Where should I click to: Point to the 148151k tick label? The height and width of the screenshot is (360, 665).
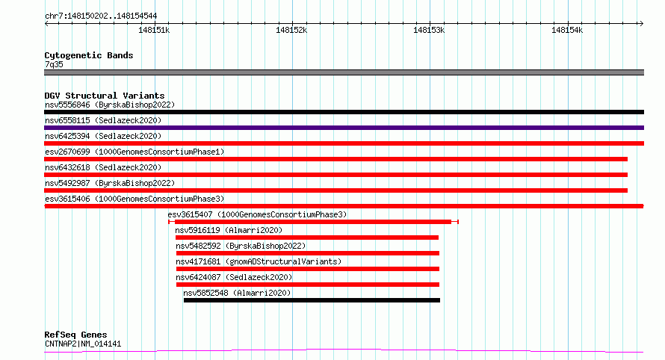tap(154, 30)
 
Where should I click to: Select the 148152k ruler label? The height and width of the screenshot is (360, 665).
tap(291, 30)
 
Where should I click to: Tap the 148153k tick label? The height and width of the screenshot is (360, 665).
tap(429, 30)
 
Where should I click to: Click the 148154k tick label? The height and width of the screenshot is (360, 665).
tap(566, 30)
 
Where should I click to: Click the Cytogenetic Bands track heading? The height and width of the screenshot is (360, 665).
tap(88, 55)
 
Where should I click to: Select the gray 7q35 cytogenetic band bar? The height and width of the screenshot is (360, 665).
tap(344, 72)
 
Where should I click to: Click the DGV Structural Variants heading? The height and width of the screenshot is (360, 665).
tap(104, 96)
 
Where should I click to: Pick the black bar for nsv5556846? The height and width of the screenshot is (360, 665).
tap(344, 112)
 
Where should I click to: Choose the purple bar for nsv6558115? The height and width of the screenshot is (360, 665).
tap(344, 128)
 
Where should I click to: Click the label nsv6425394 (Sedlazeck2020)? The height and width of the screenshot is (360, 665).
tap(103, 136)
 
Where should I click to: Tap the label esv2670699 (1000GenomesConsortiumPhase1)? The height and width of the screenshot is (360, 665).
tap(134, 152)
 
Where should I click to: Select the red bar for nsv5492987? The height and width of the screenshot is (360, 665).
tap(335, 190)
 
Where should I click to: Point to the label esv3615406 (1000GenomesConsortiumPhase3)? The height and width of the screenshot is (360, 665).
tap(134, 199)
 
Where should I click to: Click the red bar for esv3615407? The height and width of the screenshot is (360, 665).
tap(313, 222)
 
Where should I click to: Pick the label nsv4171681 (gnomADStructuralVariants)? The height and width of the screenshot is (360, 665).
tap(259, 261)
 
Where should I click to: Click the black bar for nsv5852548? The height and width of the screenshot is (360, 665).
tap(312, 300)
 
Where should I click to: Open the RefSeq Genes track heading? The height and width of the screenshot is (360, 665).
tap(75, 335)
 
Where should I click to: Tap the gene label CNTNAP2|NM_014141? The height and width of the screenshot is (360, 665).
tap(82, 344)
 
